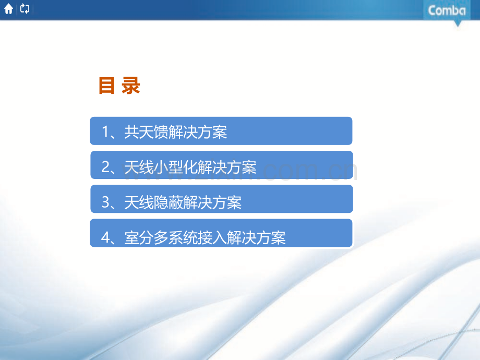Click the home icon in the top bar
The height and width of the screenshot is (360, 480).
click(x=8, y=9)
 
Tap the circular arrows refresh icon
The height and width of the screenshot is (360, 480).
click(x=25, y=9)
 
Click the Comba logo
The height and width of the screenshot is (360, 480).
click(x=447, y=10)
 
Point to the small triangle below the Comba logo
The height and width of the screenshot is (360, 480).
click(x=458, y=23)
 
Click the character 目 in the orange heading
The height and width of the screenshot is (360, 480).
click(x=106, y=86)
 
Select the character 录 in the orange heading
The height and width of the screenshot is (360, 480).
click(x=131, y=86)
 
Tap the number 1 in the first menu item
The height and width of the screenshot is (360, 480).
click(x=105, y=133)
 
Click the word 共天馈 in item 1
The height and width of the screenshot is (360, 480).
click(x=147, y=133)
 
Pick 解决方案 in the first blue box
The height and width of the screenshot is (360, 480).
click(x=198, y=133)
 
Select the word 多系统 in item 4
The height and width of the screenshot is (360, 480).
click(x=176, y=238)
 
